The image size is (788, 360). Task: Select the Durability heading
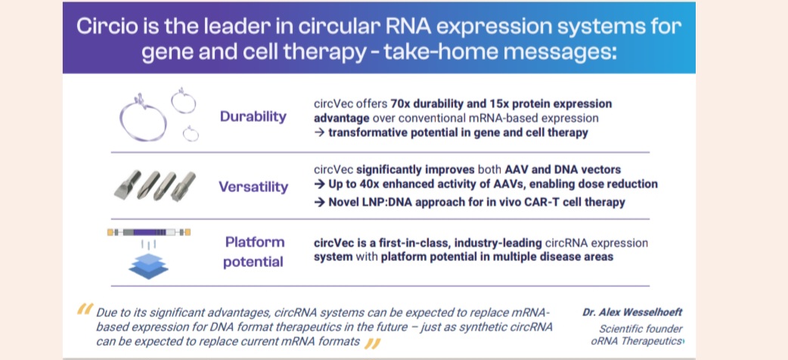pyautogui.click(x=253, y=117)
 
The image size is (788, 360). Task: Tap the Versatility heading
pyautogui.click(x=253, y=187)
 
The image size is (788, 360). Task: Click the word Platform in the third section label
pyautogui.click(x=255, y=242)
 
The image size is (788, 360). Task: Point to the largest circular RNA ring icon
pyautogui.click(x=143, y=118)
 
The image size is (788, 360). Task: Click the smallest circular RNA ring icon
pyautogui.click(x=191, y=134)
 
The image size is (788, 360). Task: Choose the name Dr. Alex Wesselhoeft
pyautogui.click(x=632, y=312)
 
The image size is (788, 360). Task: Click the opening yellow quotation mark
pyautogui.click(x=85, y=309)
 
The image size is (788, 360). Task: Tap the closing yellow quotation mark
pyautogui.click(x=372, y=343)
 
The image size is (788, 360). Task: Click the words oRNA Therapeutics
pyautogui.click(x=637, y=341)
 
